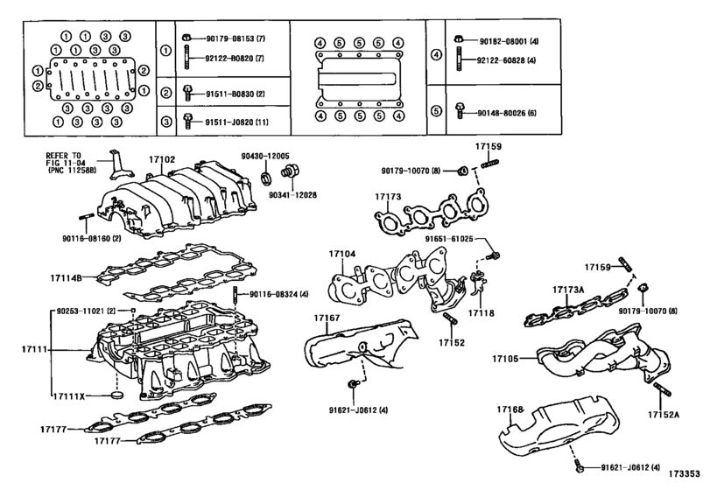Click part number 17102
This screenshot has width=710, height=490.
click(x=164, y=159)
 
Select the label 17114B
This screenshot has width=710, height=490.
click(x=67, y=278)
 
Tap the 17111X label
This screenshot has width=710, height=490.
click(x=67, y=397)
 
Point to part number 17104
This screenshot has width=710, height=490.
click(x=342, y=254)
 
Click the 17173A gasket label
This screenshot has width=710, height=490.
click(x=568, y=289)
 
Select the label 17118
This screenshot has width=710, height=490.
click(x=481, y=311)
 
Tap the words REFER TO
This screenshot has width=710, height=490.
click(x=64, y=155)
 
